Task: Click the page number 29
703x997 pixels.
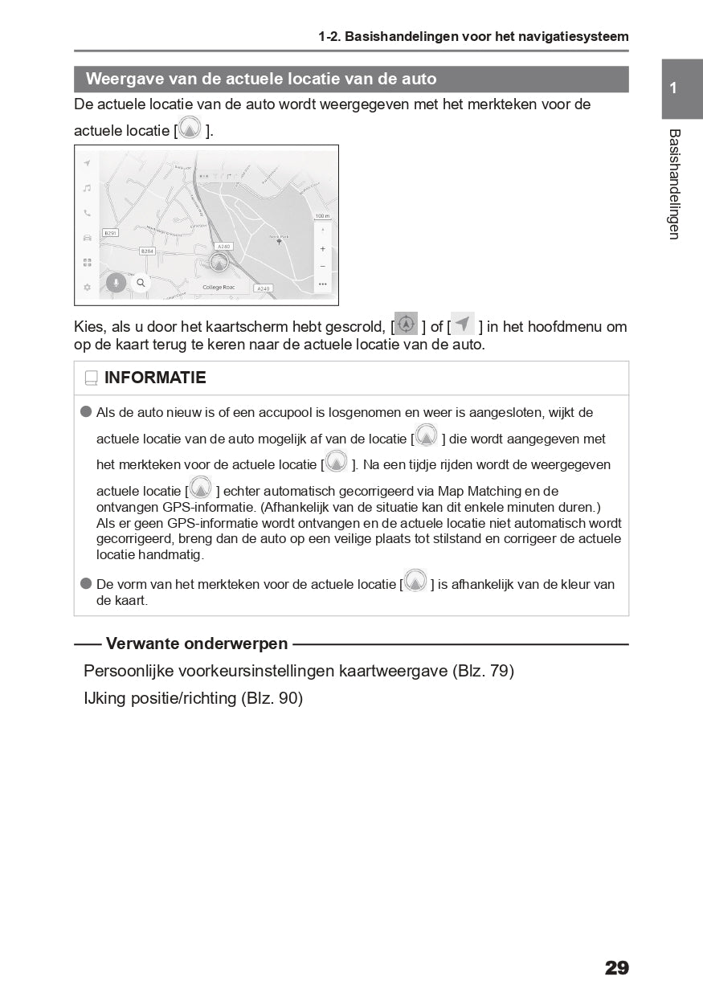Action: click(616, 967)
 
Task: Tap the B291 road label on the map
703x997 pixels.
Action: click(110, 233)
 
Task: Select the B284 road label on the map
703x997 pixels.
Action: click(147, 251)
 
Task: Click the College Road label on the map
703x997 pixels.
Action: click(219, 287)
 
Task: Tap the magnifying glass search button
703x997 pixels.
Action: click(141, 283)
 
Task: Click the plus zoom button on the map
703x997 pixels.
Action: click(322, 249)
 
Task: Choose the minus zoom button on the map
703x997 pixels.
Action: click(322, 266)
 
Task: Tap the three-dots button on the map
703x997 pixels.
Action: click(322, 284)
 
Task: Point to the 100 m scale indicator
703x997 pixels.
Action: click(322, 216)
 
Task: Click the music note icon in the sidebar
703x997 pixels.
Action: click(87, 188)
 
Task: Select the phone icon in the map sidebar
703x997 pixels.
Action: click(87, 213)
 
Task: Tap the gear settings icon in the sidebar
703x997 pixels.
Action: click(87, 287)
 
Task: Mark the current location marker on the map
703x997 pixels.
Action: click(219, 262)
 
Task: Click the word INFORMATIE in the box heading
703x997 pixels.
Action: click(155, 378)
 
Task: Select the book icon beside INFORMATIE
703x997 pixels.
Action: click(91, 378)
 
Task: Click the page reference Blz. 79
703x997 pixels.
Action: click(483, 671)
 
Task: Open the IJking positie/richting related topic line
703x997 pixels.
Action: click(193, 698)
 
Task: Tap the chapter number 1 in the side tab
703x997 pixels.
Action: click(673, 88)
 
